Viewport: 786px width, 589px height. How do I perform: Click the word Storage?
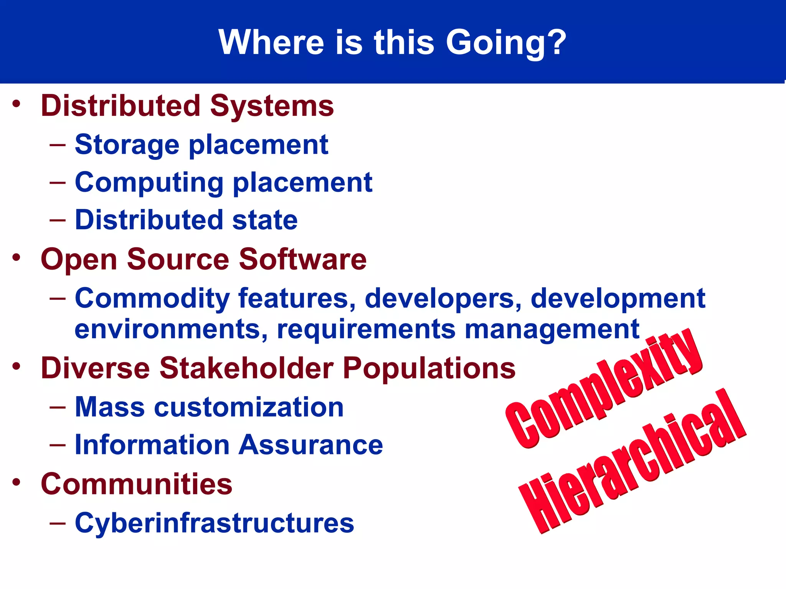[127, 145]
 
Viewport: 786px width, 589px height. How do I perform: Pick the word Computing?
[149, 183]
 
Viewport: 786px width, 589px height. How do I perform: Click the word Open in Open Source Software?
[79, 260]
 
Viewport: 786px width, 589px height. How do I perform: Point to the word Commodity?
[152, 298]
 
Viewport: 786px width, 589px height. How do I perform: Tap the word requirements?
[365, 329]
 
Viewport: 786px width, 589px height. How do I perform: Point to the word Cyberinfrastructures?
[214, 523]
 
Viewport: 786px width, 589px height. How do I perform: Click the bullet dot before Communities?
[16, 482]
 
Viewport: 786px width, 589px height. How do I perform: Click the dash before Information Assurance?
[58, 445]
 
